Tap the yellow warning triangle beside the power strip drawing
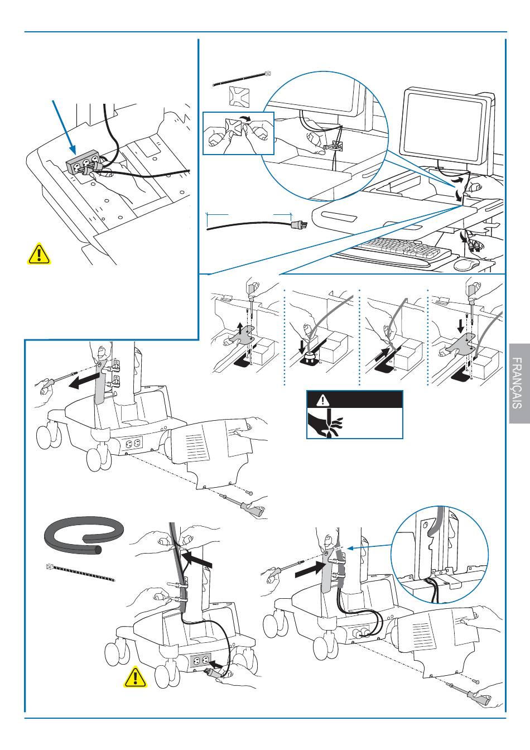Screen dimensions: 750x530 pyautogui.click(x=38, y=254)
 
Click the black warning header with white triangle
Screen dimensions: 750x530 pyautogui.click(x=354, y=400)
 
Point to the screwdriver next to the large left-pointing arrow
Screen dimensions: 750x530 pyautogui.click(x=56, y=381)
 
